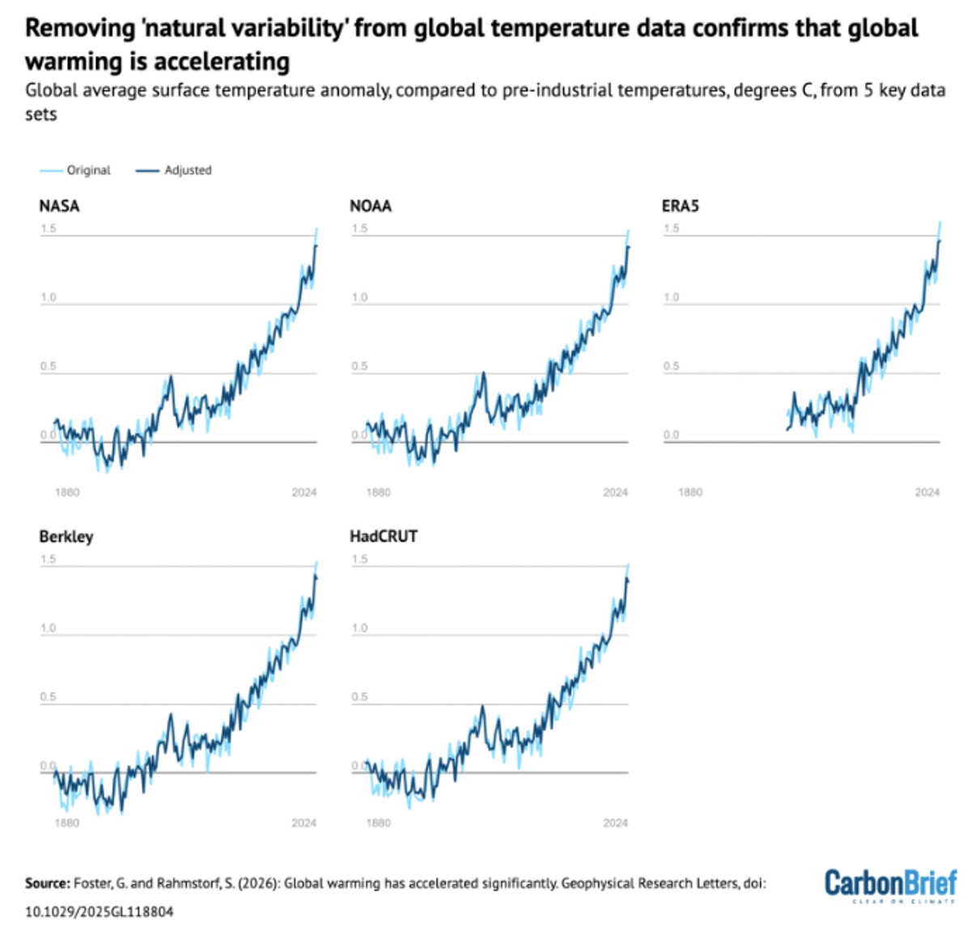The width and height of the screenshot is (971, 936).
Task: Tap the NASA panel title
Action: tap(59, 206)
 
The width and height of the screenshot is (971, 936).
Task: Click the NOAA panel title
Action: tap(371, 206)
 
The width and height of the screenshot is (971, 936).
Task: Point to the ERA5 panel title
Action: tap(680, 206)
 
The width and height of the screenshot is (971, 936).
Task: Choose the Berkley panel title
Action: tap(66, 536)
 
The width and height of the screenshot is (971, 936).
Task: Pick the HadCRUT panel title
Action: tap(384, 536)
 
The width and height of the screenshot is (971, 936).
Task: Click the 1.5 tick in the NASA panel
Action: tap(49, 228)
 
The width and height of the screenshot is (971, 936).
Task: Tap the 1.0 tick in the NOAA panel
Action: tap(359, 297)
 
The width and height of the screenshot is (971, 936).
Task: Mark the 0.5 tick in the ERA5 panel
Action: tap(672, 366)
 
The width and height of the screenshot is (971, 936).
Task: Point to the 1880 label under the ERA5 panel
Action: tap(690, 492)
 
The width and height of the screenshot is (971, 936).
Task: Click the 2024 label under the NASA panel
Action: tap(304, 492)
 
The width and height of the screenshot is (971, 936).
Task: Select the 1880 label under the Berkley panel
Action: tap(66, 823)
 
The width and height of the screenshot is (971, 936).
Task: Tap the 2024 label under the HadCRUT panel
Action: tap(615, 823)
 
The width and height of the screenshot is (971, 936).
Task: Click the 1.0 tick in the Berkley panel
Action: tap(49, 628)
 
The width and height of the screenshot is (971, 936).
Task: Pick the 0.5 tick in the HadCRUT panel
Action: tap(359, 696)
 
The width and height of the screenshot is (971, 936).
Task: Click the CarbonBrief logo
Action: tap(890, 884)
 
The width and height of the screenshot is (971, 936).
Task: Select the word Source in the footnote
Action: tap(47, 883)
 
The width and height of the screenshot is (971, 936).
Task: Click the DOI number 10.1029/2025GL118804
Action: tap(99, 911)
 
